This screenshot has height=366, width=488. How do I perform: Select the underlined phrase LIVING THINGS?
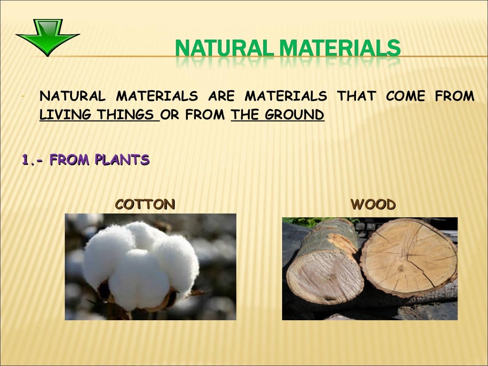[x=99, y=115]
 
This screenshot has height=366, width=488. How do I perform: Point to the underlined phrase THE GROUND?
[x=277, y=115]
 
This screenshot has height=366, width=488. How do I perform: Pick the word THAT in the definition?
[x=356, y=97]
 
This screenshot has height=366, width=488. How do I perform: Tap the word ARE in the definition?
[x=221, y=97]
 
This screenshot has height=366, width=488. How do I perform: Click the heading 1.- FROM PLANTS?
[x=86, y=160]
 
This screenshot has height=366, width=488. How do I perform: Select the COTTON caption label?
[x=145, y=205]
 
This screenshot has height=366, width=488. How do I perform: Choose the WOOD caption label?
[x=373, y=205]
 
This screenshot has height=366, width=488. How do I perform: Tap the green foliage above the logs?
[x=305, y=221]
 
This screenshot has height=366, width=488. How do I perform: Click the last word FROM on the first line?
[x=455, y=97]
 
